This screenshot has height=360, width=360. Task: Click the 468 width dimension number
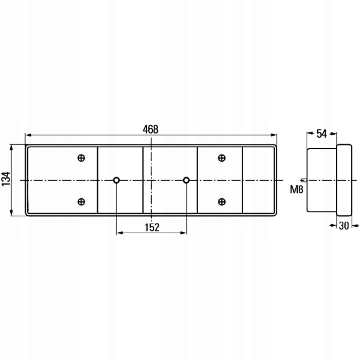pyautogui.click(x=150, y=129)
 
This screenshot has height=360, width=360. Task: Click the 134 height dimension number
pyautogui.click(x=6, y=178)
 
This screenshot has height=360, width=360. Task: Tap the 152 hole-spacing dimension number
pyautogui.click(x=152, y=227)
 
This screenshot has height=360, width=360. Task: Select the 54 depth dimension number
pyautogui.click(x=322, y=134)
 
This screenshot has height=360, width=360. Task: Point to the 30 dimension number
pyautogui.click(x=344, y=226)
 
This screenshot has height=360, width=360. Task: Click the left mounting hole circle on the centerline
pyautogui.click(x=116, y=180)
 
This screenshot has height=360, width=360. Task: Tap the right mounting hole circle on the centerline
pyautogui.click(x=186, y=180)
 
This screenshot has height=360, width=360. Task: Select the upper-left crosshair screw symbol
pyautogui.click(x=81, y=158)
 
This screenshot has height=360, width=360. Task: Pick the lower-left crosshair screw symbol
pyautogui.click(x=81, y=202)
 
